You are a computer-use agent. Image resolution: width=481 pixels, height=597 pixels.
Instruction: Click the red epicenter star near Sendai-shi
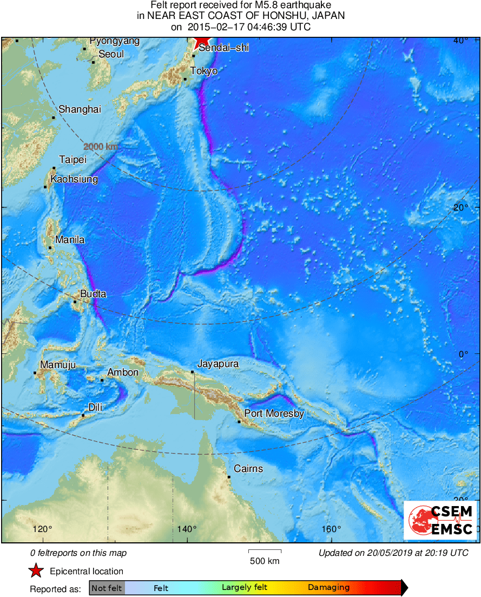point(202,43)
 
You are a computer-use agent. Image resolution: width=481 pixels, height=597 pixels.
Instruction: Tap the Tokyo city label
point(203,71)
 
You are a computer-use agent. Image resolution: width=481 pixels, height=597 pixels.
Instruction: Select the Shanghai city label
point(80,109)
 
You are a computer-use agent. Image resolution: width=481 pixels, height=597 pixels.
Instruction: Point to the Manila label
point(70,240)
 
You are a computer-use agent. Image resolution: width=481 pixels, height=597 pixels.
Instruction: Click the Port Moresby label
point(274,414)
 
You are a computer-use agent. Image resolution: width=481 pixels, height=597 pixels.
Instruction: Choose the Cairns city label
point(248,469)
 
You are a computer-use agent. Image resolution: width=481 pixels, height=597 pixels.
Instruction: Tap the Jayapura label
point(218,364)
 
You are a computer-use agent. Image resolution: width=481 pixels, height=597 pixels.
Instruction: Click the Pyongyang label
point(115,41)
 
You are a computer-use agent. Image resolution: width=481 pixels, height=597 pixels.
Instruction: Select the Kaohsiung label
point(74,179)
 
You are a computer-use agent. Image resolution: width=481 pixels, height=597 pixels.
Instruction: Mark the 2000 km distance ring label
point(101,147)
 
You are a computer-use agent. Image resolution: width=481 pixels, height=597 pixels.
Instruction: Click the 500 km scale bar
point(265,551)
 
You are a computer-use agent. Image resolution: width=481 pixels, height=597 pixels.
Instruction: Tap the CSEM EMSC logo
point(440,520)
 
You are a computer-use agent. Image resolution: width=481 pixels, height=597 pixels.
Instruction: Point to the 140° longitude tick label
point(187,529)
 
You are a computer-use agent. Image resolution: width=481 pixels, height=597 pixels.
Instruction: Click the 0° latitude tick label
point(463,354)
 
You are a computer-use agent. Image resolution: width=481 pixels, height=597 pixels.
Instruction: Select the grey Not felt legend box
point(107,587)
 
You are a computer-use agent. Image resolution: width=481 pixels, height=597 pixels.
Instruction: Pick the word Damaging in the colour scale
point(328,587)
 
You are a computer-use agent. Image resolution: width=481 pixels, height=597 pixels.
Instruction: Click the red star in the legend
point(36,571)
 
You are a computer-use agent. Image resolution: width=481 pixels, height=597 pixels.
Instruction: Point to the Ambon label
point(123,372)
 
